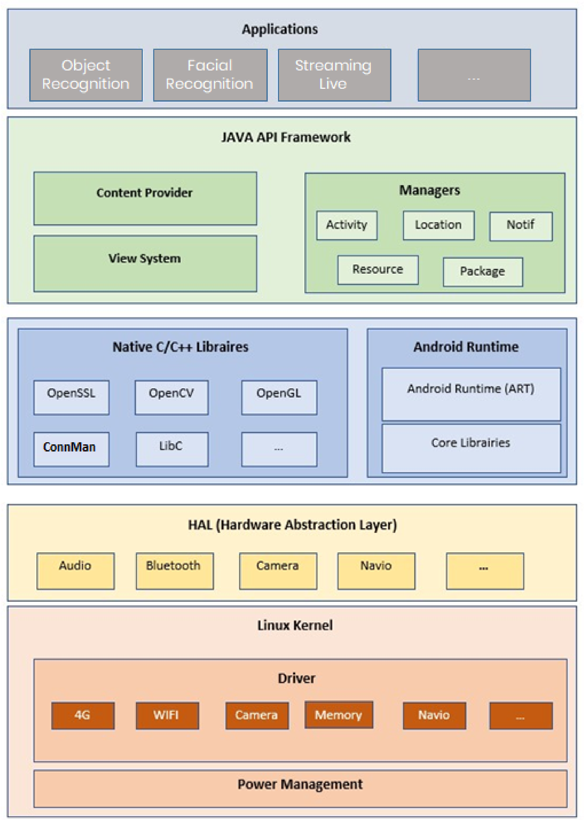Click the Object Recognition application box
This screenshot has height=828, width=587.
coord(86,75)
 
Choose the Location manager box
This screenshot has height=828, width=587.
coord(438,225)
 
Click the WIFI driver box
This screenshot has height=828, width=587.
coord(167,715)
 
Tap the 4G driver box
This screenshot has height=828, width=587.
coord(83,715)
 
